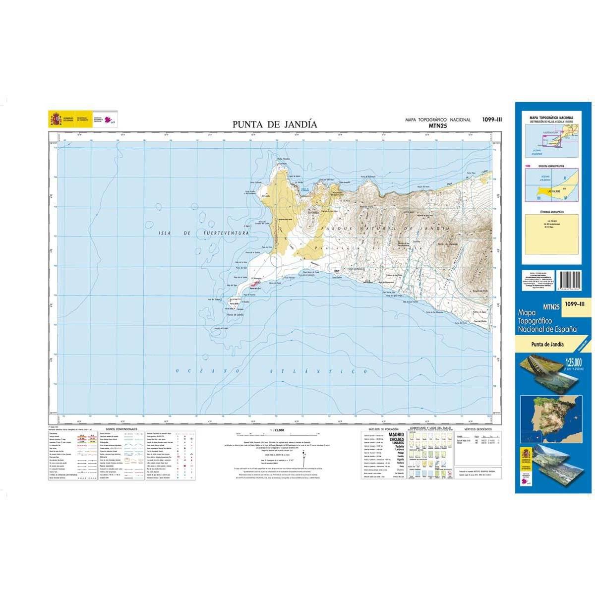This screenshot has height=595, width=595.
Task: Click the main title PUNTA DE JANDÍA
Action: click(275, 124)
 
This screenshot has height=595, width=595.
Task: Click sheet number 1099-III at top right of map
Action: click(491, 119)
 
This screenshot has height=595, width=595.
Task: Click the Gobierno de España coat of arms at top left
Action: click(55, 119)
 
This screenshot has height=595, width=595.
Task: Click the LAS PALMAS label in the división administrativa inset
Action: click(547, 190)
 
